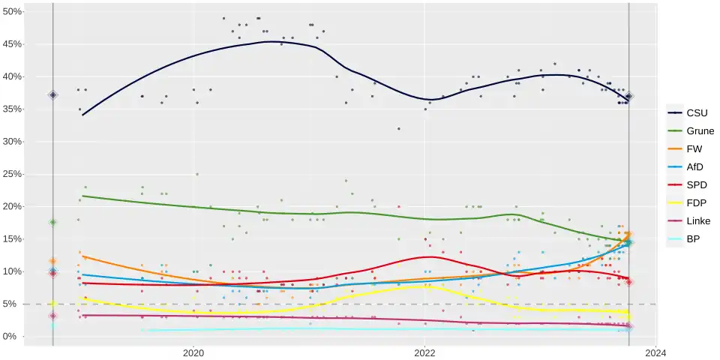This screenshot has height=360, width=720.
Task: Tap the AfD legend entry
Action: [x=687, y=167]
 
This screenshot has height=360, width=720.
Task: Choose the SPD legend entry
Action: [x=687, y=185]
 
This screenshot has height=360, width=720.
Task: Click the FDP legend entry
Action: [x=687, y=203]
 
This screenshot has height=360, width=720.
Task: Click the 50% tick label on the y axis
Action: [x=12, y=12]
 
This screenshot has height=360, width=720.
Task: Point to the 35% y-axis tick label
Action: [x=12, y=109]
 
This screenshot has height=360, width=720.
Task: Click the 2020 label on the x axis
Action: [x=193, y=352]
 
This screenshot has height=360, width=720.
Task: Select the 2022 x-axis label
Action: [x=424, y=352]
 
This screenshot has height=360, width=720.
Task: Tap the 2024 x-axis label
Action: [x=655, y=352]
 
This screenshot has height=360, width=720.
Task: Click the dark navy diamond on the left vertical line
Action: [x=53, y=95]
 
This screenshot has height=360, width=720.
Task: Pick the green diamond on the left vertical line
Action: [x=53, y=222]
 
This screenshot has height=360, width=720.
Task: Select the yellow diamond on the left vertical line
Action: [x=53, y=304]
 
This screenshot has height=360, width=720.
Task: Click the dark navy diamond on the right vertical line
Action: [x=629, y=96]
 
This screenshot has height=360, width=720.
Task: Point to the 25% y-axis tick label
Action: [x=12, y=174]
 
